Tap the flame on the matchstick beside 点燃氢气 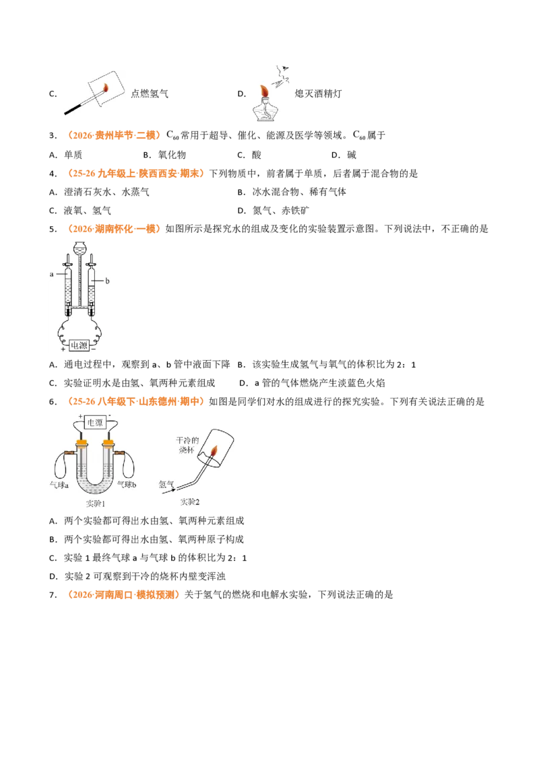[105, 88]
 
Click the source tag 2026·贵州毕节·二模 [114, 135]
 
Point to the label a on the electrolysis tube [52, 274]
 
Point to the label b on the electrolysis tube [107, 281]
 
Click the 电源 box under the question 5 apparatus [79, 345]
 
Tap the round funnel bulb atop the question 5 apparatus [80, 247]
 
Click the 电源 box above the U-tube [95, 423]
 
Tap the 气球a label [59, 485]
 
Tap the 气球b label [127, 485]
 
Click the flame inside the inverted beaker [214, 451]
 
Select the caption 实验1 [96, 504]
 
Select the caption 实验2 [190, 501]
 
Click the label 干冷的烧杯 [187, 445]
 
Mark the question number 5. [53, 230]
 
